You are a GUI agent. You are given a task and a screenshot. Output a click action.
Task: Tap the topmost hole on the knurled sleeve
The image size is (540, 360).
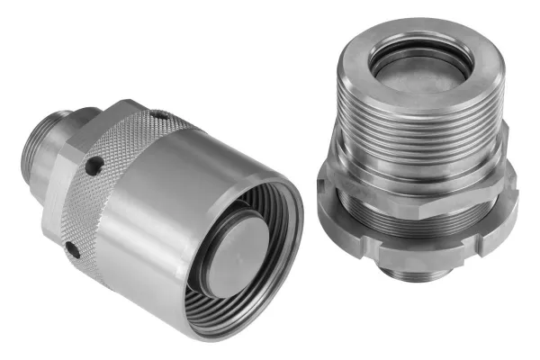click(x=158, y=115)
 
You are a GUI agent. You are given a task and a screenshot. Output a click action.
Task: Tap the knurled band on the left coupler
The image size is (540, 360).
click(x=126, y=171)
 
